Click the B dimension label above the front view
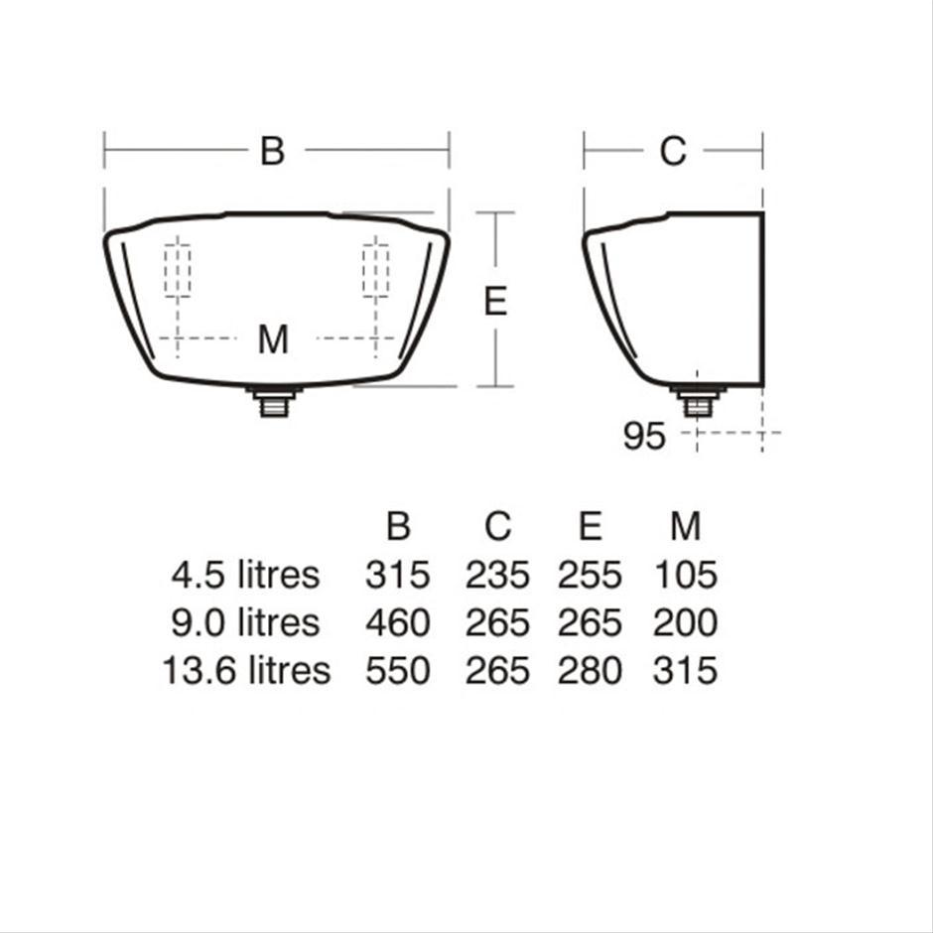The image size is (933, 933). [273, 151]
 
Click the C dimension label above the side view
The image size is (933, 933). [673, 151]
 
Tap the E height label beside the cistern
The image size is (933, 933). [495, 301]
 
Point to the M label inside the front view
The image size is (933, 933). [273, 339]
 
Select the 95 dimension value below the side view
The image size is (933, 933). [644, 436]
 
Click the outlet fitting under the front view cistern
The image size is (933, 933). [274, 402]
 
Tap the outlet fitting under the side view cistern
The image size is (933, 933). [698, 402]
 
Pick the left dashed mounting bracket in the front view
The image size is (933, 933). [178, 270]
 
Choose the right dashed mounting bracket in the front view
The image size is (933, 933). [375, 270]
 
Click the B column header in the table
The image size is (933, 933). [398, 525]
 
